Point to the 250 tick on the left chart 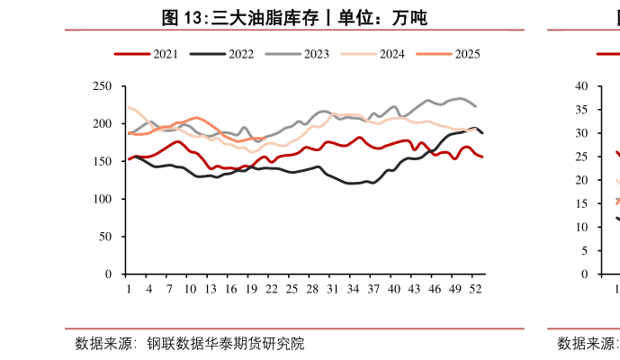point(103,86)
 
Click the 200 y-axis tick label point(103,123)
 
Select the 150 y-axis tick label point(103,161)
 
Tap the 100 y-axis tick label point(103,199)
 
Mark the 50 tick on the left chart point(106,237)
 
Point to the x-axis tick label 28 point(312,289)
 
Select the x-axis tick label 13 point(210,289)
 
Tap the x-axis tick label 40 point(393,289)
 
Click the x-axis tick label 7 point(169,289)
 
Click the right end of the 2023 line point(475,106)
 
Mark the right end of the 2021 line point(482,157)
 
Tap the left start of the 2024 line point(129,107)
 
